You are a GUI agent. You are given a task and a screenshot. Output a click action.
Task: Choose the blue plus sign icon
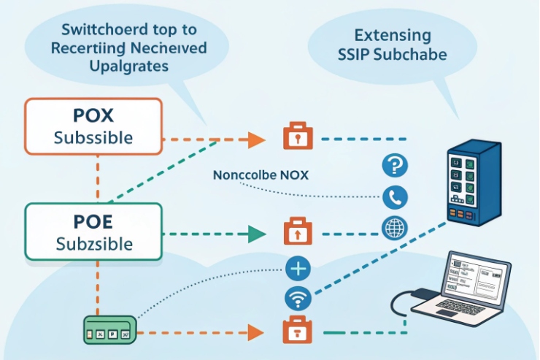298,268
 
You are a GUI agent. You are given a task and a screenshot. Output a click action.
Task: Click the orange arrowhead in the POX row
255,137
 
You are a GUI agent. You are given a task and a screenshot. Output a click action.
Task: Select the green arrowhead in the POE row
255,234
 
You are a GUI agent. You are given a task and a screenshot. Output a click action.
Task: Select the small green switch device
107,331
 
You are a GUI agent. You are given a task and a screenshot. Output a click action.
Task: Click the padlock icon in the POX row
296,137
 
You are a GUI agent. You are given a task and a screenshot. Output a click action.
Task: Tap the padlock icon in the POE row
296,233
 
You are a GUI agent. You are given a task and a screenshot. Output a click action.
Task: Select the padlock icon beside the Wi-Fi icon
296,331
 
